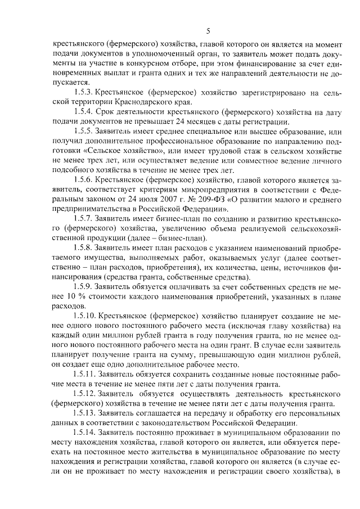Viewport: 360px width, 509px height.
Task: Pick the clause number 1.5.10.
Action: click(x=84, y=322)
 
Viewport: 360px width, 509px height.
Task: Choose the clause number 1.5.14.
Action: click(x=84, y=433)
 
